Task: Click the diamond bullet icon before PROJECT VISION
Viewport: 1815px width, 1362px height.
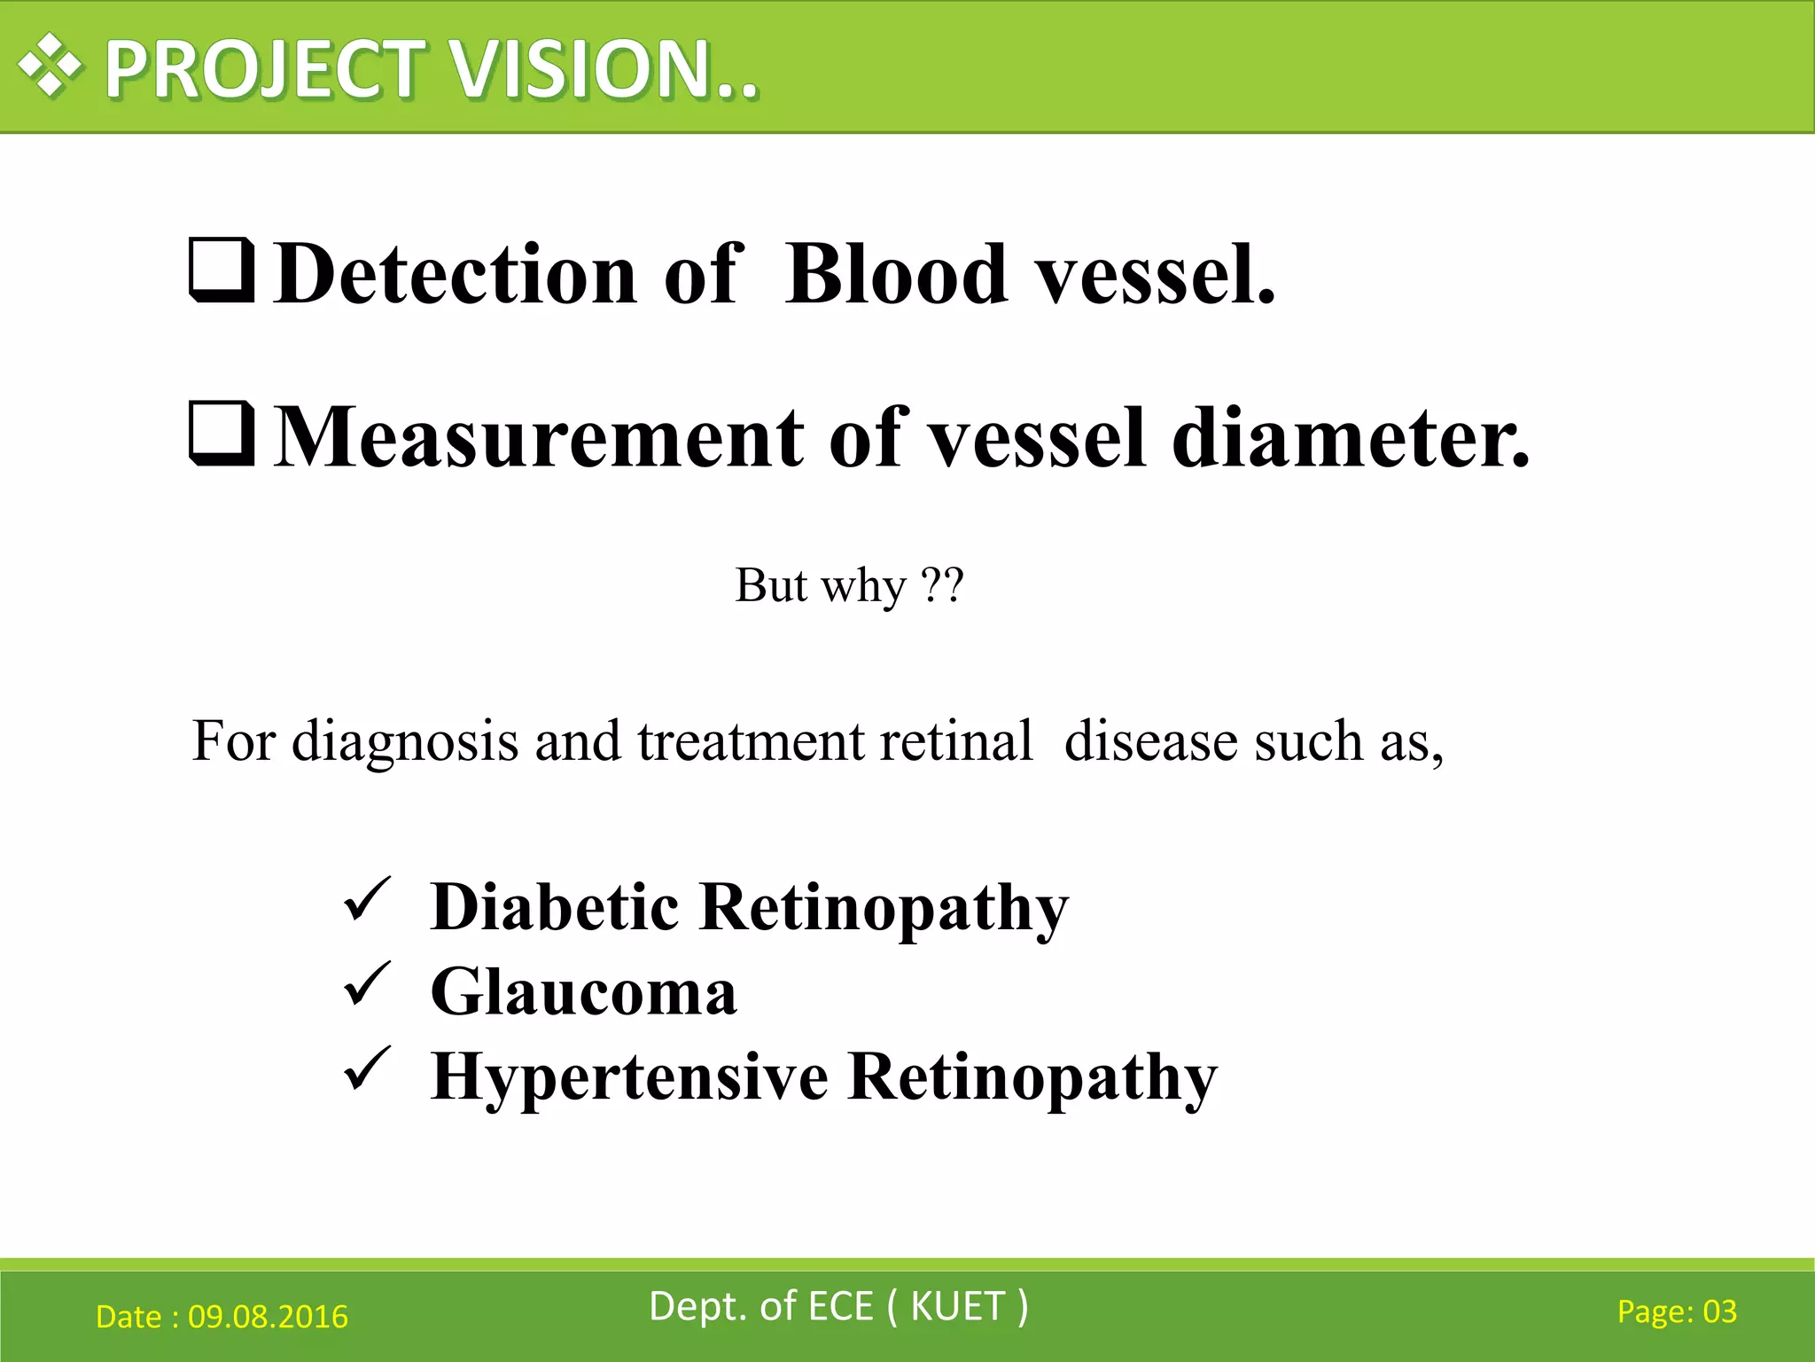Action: [51, 66]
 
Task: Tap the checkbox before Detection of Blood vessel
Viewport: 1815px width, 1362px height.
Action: [222, 270]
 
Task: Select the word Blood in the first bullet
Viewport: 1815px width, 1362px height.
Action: [896, 275]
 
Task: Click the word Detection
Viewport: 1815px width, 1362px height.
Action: [455, 275]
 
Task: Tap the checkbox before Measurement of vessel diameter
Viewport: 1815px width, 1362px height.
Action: [222, 434]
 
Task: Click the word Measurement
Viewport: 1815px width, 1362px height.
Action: [540, 437]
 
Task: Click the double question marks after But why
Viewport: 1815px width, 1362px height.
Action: [942, 585]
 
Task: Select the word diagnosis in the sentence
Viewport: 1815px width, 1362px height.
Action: [405, 741]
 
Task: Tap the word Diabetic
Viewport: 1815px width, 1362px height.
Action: [554, 907]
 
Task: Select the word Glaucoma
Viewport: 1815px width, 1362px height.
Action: [583, 992]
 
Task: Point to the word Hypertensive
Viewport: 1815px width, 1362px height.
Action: [629, 1077]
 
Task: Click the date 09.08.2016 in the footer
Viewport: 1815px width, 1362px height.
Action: [268, 1317]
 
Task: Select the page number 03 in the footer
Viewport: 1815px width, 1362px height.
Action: [1719, 1311]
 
